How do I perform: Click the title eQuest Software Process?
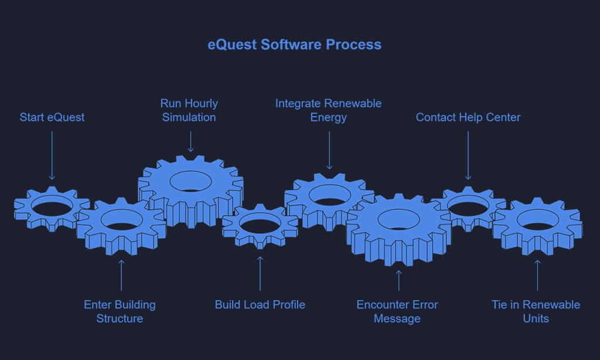tap(294, 45)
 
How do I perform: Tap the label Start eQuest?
tap(52, 117)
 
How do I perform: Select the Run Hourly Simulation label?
tap(189, 110)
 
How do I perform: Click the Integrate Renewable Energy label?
tap(328, 110)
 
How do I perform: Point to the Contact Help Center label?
tap(468, 117)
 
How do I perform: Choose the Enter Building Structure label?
tap(120, 311)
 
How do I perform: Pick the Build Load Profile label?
tap(260, 304)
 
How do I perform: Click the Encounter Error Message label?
tap(397, 311)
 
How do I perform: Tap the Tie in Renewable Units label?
tap(536, 311)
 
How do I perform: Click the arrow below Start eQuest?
tap(52, 155)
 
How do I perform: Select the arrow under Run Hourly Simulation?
tap(190, 142)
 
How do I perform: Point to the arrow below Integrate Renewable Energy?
tap(329, 150)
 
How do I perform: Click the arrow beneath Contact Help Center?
tap(468, 155)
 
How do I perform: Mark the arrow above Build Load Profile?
tap(260, 273)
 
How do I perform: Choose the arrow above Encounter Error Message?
tap(399, 280)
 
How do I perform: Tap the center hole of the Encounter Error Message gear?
tap(398, 220)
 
